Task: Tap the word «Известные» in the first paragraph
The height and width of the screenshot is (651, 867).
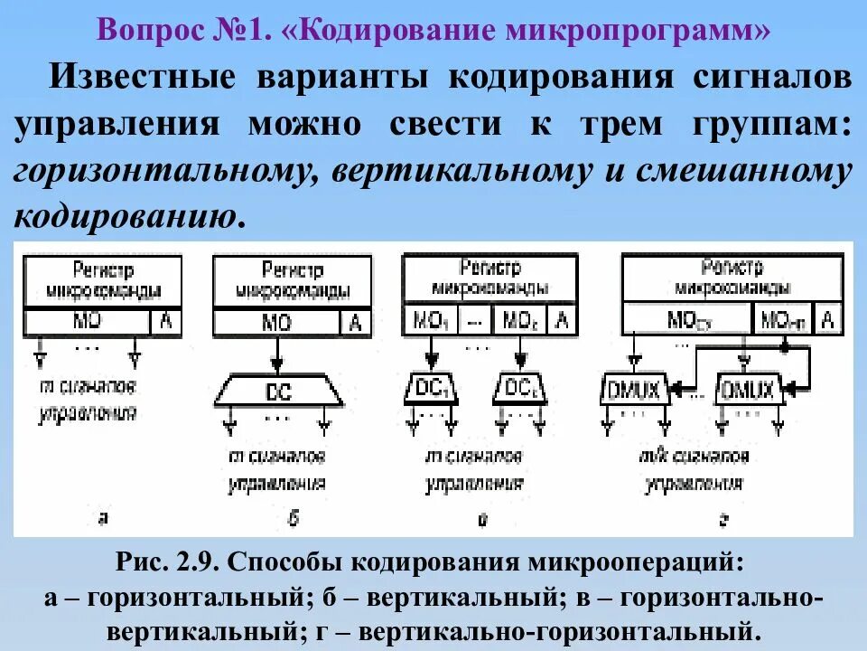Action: tap(144, 78)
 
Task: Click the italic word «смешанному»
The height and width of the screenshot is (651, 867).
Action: tap(749, 171)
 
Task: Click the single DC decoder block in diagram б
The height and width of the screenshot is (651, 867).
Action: tap(279, 393)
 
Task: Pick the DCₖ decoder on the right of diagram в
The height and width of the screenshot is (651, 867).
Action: tap(520, 388)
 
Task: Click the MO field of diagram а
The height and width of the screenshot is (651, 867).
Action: tap(87, 322)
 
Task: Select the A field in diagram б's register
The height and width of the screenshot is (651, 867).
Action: tap(356, 322)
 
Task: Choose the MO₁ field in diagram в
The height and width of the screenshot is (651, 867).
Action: tap(430, 320)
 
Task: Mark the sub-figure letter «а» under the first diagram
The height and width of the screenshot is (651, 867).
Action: tap(104, 517)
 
